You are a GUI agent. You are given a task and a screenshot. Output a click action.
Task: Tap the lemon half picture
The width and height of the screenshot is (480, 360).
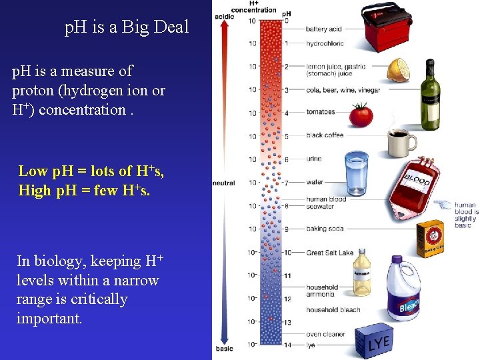[x=399, y=70]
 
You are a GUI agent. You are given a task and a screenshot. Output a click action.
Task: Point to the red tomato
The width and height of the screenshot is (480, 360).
[x=361, y=115]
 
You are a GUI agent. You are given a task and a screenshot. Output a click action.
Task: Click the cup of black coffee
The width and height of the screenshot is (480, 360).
[x=401, y=141]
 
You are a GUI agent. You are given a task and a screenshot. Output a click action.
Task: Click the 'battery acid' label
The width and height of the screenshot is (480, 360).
[x=324, y=29]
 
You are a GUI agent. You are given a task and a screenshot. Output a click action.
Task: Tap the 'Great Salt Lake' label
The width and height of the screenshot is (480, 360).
[x=329, y=253]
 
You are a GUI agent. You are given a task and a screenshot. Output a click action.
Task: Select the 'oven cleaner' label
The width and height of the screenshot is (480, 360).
[x=325, y=334]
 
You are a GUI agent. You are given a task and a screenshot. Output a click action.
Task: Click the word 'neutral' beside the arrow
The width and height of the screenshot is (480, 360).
[x=223, y=183]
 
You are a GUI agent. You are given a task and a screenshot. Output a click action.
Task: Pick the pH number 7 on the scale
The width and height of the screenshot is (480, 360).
[x=286, y=182]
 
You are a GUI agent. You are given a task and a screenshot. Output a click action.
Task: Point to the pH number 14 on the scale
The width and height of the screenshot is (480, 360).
[x=287, y=344]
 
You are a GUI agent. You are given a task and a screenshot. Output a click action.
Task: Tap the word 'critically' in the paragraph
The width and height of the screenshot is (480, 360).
[x=100, y=299]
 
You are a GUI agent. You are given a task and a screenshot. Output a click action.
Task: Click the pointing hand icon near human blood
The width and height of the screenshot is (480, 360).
[x=442, y=205]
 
